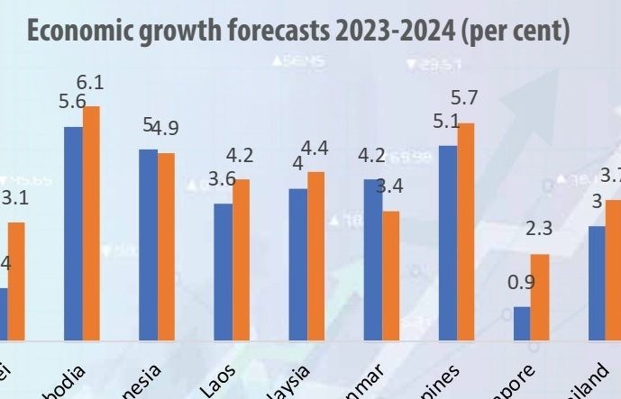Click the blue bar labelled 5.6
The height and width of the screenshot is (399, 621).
coord(73,233)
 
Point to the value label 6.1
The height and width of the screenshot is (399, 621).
coord(91,83)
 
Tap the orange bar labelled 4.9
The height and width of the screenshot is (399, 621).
coord(166,247)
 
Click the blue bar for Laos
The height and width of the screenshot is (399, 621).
coord(223,272)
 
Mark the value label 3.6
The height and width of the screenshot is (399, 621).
coord(222,179)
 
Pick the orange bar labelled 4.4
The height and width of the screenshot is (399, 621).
coord(315,256)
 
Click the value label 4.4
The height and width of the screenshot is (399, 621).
coord(315,148)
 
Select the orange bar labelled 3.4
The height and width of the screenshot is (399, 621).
coord(391,276)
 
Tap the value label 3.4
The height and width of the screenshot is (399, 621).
coord(389,187)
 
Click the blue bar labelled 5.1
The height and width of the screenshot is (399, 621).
coord(447,242)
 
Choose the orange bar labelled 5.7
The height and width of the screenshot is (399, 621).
coord(465,231)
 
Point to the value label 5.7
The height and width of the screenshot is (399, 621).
coord(464,98)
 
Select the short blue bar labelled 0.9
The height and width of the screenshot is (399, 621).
coord(522,323)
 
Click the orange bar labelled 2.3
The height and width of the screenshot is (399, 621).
coord(540,297)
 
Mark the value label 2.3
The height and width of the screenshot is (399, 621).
coord(538,229)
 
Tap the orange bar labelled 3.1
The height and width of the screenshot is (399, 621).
coord(16,281)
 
